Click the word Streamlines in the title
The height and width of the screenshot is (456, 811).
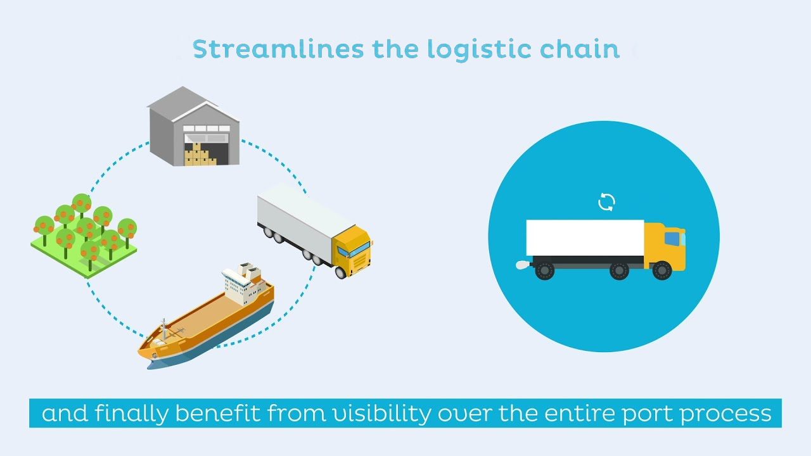(x=278, y=49)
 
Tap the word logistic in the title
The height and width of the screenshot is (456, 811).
(x=478, y=51)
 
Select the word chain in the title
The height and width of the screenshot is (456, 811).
(x=580, y=49)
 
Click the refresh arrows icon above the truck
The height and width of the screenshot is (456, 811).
(x=606, y=202)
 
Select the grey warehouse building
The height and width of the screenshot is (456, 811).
(x=193, y=126)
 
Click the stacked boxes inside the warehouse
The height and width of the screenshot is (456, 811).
(x=200, y=155)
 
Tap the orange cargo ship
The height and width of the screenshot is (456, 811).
(x=206, y=315)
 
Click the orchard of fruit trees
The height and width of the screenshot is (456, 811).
(x=84, y=235)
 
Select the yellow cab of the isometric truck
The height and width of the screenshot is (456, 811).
(x=352, y=250)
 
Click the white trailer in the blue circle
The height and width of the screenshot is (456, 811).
(x=585, y=237)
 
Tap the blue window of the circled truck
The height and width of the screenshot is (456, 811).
(x=672, y=239)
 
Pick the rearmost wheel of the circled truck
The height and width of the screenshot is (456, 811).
(x=544, y=270)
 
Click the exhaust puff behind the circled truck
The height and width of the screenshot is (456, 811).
(x=523, y=265)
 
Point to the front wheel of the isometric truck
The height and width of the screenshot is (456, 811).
(x=341, y=272)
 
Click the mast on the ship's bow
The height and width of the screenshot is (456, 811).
(x=164, y=329)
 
